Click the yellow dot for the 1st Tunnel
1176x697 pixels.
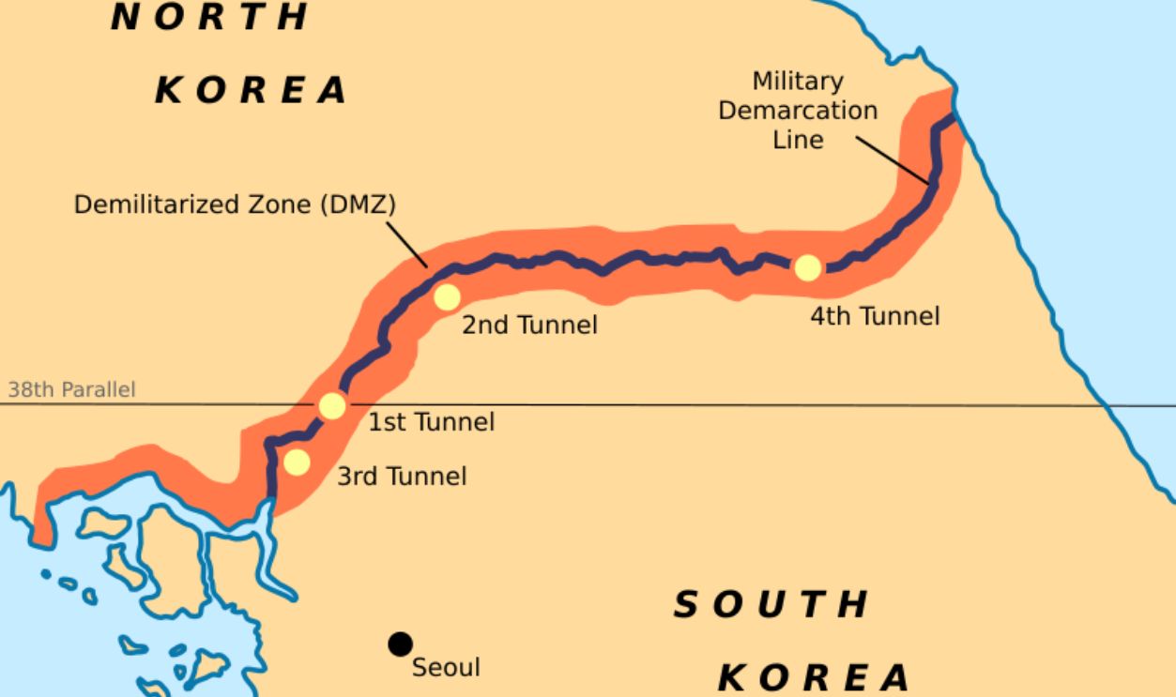[332, 406]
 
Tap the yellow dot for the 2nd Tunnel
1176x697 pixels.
[447, 296]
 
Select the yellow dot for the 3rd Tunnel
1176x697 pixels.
[297, 462]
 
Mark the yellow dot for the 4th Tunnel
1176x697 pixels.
[807, 267]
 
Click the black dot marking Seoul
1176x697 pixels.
[401, 644]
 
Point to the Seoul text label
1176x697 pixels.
[446, 667]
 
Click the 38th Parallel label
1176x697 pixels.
[71, 389]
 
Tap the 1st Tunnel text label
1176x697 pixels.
[431, 422]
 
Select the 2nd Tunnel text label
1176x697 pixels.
[529, 326]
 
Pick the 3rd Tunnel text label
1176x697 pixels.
[402, 477]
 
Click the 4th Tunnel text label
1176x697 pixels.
[875, 316]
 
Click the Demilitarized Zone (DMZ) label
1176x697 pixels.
[235, 205]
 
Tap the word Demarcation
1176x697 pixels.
[798, 111]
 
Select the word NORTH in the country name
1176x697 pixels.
[210, 16]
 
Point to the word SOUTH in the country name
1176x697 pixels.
[771, 605]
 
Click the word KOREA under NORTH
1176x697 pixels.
[251, 91]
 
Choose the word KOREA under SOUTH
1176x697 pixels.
[815, 676]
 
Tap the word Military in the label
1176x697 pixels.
[798, 82]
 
